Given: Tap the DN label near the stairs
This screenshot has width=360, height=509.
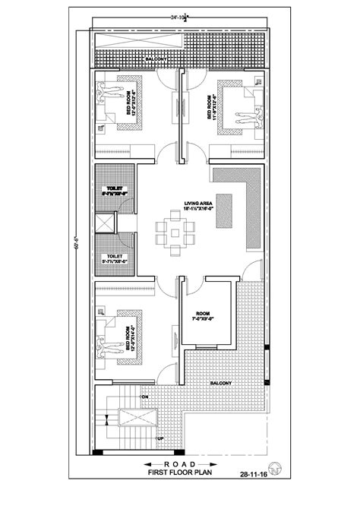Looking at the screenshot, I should tap(143, 395).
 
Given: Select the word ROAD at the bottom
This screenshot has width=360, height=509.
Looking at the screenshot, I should tap(180, 463).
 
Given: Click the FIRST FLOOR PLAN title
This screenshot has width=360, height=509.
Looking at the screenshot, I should tap(180, 474).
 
